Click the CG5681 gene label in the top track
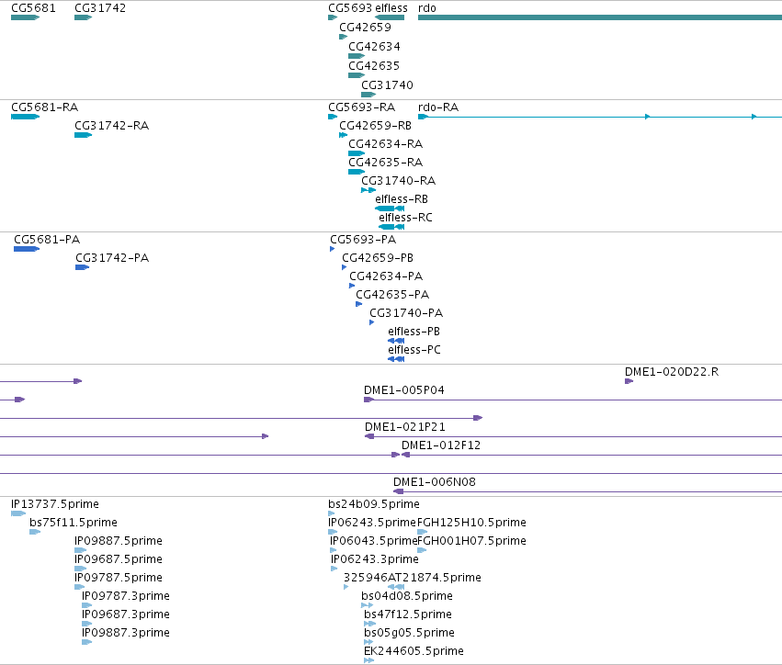click(33, 8)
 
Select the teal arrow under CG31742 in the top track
click(84, 17)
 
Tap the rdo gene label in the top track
click(427, 8)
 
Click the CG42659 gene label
click(365, 28)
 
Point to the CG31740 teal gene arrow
click(368, 95)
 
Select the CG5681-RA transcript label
click(44, 107)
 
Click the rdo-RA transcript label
click(438, 107)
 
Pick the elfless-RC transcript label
click(405, 218)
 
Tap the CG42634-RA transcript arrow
click(357, 153)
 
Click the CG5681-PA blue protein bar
click(27, 249)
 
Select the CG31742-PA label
click(112, 258)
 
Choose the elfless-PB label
click(414, 332)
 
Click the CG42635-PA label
click(392, 295)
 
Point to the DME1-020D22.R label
click(672, 372)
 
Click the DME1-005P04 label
click(404, 390)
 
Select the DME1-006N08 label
click(435, 482)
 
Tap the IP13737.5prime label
click(55, 504)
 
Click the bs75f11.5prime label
click(74, 523)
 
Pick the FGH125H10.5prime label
click(471, 523)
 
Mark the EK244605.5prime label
click(414, 651)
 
